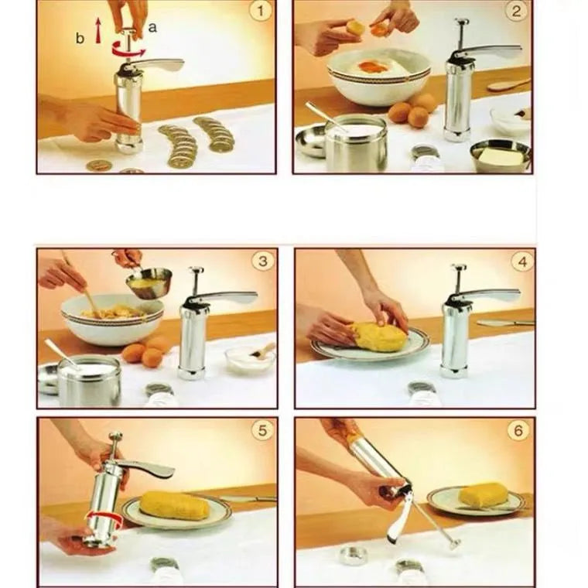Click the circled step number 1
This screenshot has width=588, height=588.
[261, 11]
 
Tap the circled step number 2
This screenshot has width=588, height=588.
[518, 11]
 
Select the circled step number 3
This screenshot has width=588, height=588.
[262, 261]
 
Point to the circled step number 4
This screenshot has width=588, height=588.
[521, 261]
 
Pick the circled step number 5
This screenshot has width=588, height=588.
[263, 430]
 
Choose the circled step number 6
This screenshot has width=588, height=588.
[519, 430]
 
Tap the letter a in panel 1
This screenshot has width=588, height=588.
[152, 27]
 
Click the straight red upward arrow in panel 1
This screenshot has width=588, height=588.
[98, 31]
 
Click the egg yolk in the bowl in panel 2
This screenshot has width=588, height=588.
[373, 67]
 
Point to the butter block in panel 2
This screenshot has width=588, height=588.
[501, 156]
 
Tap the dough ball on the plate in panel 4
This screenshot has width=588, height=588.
[379, 337]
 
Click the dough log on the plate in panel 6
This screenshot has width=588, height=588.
[483, 495]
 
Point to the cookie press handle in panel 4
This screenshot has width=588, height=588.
[491, 295]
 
